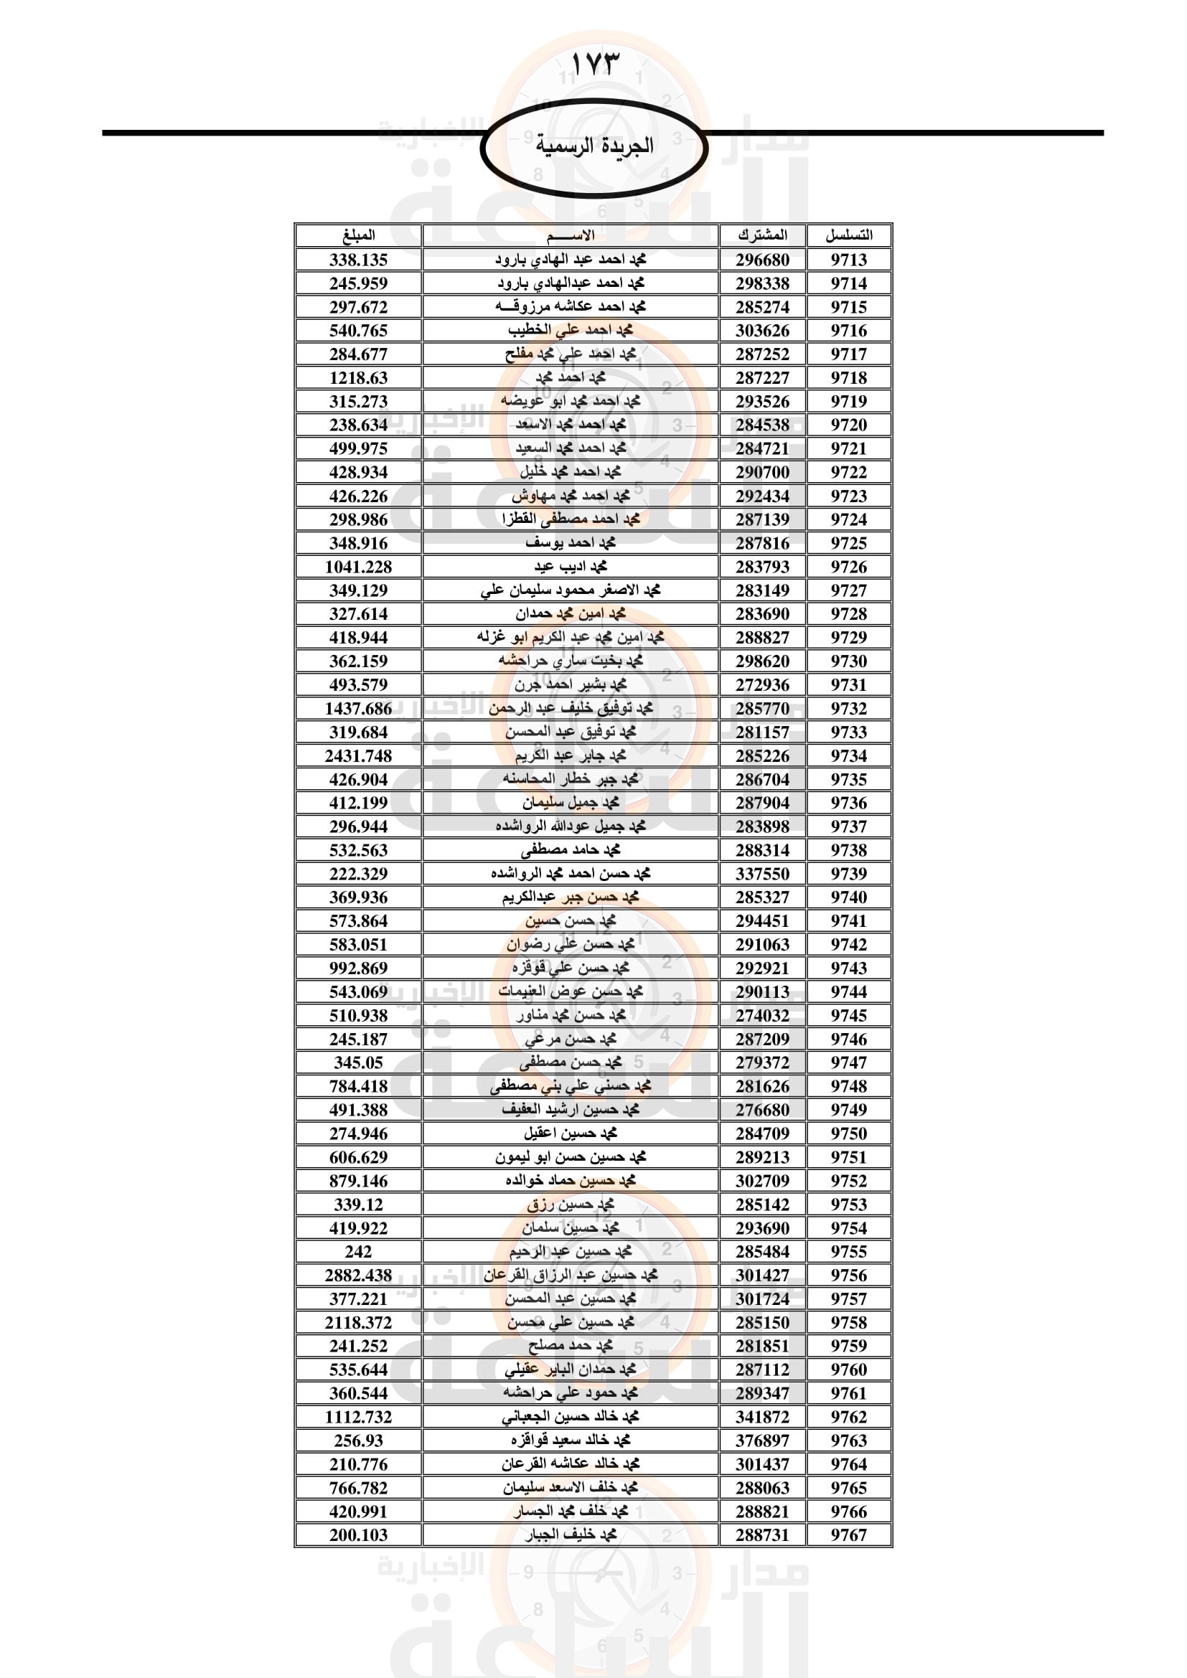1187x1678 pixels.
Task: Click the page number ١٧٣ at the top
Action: point(593,65)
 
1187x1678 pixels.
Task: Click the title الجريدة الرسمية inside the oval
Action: point(593,146)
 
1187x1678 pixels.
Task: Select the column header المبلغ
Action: point(358,235)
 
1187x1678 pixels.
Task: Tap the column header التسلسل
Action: point(848,235)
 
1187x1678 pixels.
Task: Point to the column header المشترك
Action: point(762,235)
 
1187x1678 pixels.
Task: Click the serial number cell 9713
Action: point(848,260)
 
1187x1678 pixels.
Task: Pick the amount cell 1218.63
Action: point(358,378)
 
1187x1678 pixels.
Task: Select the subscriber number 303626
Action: point(762,330)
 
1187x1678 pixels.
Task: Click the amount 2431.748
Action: point(358,755)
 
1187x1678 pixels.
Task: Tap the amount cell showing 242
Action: point(358,1251)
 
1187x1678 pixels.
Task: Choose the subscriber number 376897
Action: point(762,1441)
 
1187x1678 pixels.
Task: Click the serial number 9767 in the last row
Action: point(848,1535)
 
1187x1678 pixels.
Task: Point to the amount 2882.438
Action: point(358,1276)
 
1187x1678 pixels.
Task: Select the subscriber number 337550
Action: point(762,873)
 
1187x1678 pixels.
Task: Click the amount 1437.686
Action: point(358,708)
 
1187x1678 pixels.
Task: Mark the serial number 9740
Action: point(848,897)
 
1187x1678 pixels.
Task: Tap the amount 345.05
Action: point(358,1062)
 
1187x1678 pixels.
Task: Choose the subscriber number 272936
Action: point(762,685)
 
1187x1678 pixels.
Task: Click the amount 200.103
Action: point(358,1535)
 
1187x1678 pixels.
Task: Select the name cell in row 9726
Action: point(570,567)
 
